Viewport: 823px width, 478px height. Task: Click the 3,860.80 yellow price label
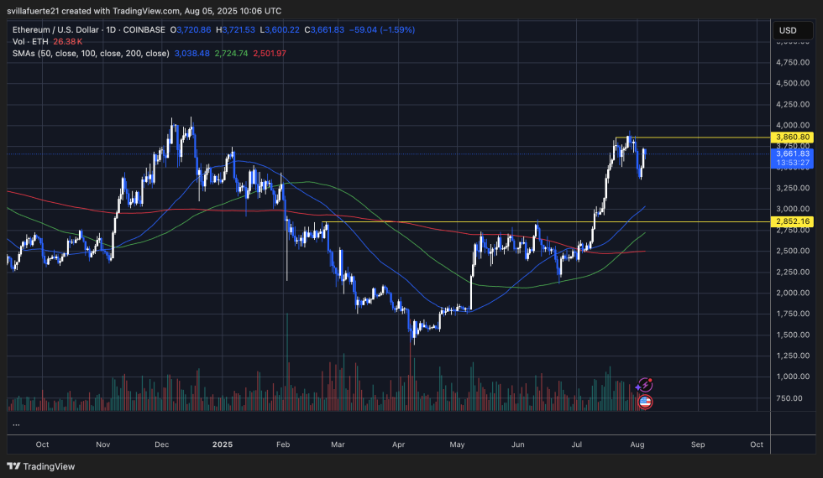click(793, 137)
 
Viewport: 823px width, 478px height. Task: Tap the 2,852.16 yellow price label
click(793, 221)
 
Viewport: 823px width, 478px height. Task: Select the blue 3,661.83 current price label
click(793, 153)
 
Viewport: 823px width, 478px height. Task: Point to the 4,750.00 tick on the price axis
click(793, 62)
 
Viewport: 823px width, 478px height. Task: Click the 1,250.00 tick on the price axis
click(793, 356)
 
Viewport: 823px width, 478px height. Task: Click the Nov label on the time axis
click(102, 444)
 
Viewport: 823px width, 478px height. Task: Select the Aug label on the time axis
click(638, 444)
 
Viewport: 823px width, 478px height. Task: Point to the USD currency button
click(788, 30)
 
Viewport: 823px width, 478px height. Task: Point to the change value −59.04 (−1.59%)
click(381, 30)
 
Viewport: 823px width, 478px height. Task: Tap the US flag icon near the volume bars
click(645, 402)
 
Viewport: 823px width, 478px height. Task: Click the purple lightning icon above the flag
click(645, 385)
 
